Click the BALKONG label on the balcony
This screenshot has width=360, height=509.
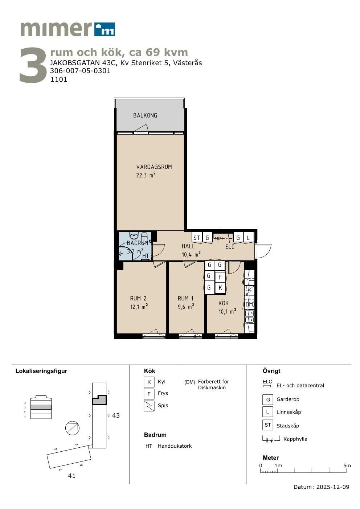[145, 115]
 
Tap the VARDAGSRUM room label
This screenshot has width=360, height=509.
[154, 167]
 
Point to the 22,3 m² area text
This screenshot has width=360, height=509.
[146, 175]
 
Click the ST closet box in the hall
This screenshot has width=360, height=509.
[197, 238]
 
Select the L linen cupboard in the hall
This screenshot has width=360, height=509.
[249, 238]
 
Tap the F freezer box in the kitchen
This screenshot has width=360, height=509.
[220, 277]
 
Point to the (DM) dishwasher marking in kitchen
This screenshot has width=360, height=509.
[249, 304]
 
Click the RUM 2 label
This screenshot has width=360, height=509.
[138, 298]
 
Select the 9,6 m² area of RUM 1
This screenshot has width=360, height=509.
[186, 307]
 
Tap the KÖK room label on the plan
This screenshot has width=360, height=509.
[224, 303]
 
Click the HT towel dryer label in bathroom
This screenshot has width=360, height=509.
[146, 256]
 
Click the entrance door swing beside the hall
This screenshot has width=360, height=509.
[263, 251]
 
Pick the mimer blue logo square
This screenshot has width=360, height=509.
[105, 29]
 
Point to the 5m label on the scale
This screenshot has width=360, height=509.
[347, 465]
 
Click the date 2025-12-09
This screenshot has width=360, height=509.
[333, 487]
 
